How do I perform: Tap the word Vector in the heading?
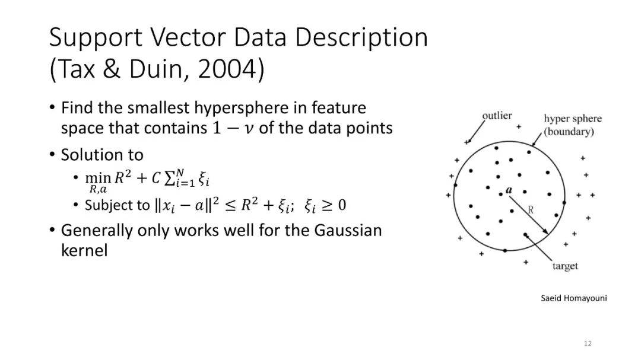tap(189, 37)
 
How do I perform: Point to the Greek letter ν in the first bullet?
tap(248, 129)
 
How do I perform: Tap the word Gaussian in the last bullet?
tap(348, 231)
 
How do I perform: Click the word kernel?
tap(84, 250)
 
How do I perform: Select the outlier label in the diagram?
tap(497, 116)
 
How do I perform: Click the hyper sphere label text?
tap(573, 119)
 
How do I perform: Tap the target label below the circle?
tap(565, 266)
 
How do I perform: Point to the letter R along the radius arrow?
tap(531, 210)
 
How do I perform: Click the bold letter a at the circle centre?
tap(509, 190)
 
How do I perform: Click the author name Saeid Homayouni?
tap(573, 298)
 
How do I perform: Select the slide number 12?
tap(588, 343)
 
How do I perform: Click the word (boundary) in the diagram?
tap(569, 132)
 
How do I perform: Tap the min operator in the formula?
tap(98, 178)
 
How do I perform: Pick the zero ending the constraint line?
tap(342, 205)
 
